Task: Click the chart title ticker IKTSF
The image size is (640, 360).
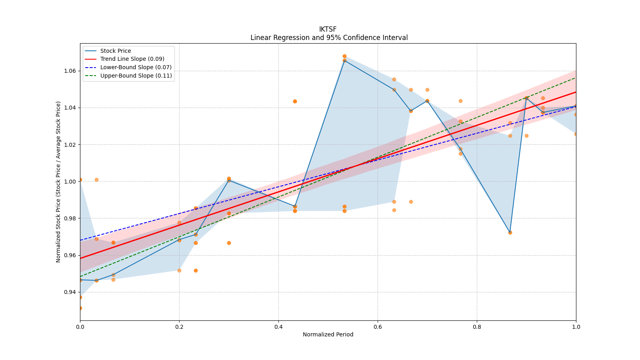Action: [328, 29]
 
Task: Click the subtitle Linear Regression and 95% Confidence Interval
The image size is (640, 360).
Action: [329, 38]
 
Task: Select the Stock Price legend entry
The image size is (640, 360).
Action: [116, 51]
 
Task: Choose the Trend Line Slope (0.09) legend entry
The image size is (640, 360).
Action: [132, 59]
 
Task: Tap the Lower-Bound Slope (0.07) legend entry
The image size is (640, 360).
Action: [136, 67]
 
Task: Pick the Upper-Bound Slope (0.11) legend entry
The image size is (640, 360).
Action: [136, 76]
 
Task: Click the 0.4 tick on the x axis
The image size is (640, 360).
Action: [278, 327]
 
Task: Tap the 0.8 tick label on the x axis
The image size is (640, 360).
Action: [477, 327]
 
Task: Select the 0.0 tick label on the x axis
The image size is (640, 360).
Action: [80, 327]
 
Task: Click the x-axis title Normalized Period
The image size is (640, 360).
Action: [328, 334]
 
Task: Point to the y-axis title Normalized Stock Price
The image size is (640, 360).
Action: [58, 182]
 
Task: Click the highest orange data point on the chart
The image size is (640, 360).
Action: [344, 56]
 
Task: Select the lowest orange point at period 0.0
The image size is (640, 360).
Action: [80, 308]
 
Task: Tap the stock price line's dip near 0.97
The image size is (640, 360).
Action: [510, 232]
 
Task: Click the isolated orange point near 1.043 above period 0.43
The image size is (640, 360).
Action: [295, 101]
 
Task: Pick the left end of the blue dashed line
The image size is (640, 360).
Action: [80, 240]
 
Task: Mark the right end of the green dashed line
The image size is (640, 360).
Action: [576, 78]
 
